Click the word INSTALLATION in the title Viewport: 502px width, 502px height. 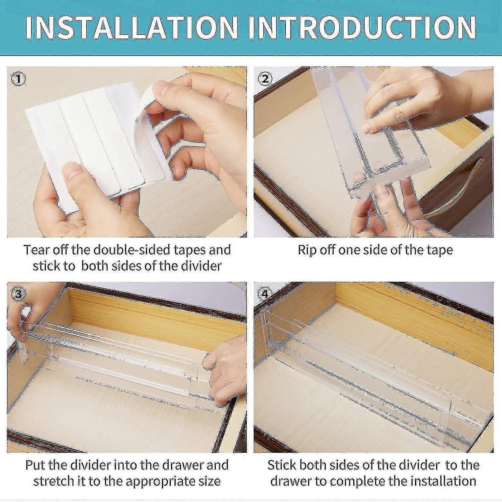coord(131,27)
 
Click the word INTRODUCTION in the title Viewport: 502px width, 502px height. coord(362,27)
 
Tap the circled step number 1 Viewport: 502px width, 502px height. coord(18,79)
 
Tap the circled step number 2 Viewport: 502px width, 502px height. coord(265,79)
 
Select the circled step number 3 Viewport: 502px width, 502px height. coord(18,294)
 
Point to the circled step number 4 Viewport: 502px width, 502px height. coord(265,294)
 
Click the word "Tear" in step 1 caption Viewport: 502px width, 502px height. coord(35,250)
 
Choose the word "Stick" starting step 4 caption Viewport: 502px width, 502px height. coord(281,465)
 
